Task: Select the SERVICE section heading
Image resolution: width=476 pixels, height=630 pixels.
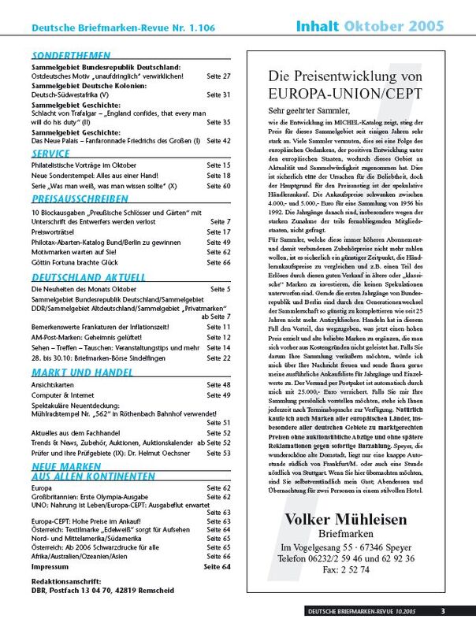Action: [x=51, y=153]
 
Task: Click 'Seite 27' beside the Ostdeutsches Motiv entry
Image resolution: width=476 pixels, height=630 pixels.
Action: [x=218, y=76]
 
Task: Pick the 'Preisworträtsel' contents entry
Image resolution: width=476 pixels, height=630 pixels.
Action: [x=57, y=232]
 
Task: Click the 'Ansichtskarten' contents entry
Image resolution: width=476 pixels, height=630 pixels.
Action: [x=54, y=384]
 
